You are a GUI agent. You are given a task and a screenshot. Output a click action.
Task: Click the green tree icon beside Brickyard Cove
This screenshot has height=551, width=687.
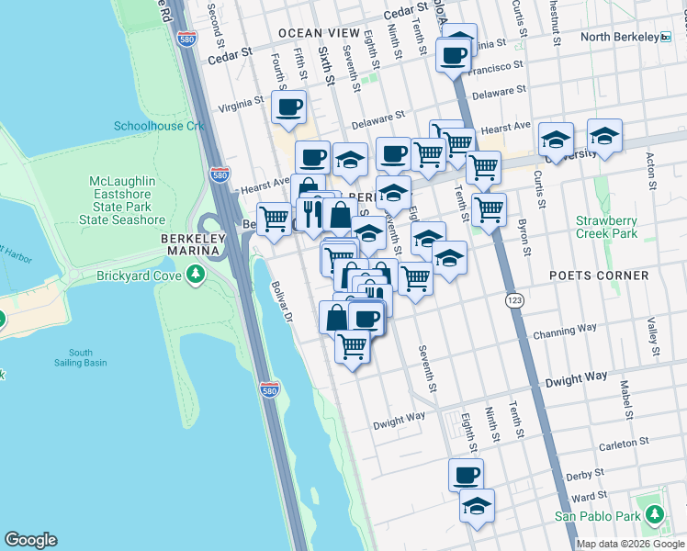click(x=195, y=274)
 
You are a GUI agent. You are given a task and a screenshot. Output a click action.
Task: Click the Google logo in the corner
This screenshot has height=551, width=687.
click(x=30, y=539)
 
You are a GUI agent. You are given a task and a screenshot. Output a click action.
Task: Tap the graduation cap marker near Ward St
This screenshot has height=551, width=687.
click(x=477, y=506)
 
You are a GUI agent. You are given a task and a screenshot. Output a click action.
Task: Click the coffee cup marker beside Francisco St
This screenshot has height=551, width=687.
click(x=453, y=57)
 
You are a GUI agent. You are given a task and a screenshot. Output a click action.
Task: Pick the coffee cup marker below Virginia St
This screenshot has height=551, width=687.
click(x=289, y=107)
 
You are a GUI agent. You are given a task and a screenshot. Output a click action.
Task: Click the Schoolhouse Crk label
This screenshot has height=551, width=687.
click(x=159, y=126)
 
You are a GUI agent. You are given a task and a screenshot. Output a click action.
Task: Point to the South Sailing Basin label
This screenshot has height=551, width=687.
click(x=80, y=358)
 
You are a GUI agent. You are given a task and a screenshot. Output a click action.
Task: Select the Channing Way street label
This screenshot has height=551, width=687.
click(x=571, y=328)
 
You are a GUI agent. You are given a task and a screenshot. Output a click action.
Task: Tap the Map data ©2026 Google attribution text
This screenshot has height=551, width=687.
click(x=630, y=543)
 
